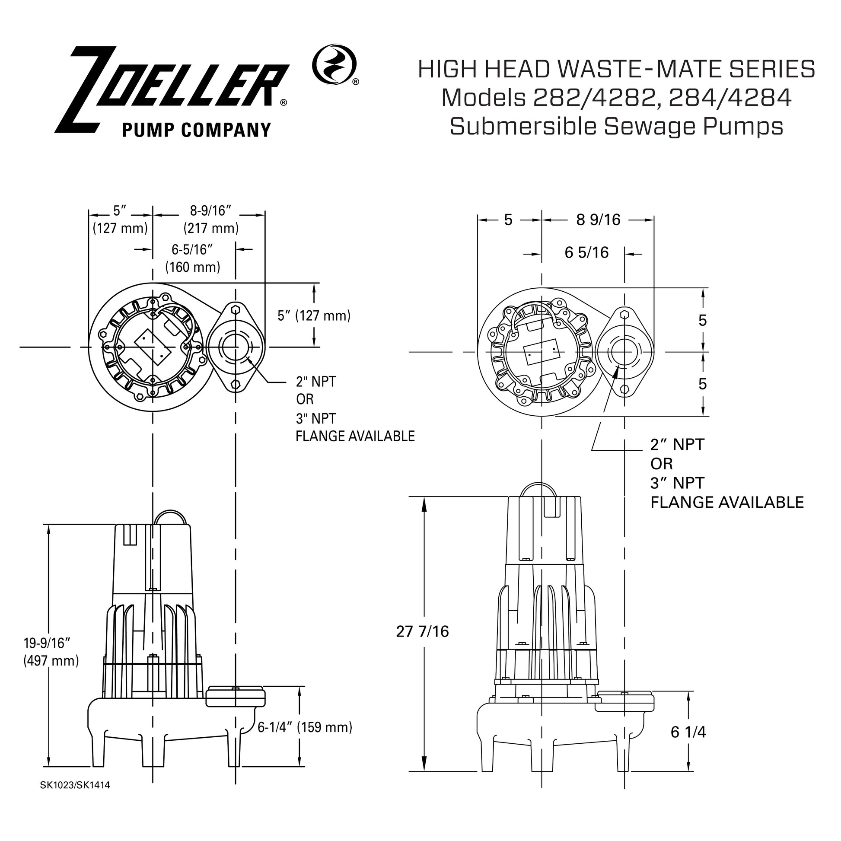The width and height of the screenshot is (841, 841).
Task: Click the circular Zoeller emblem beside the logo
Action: click(334, 64)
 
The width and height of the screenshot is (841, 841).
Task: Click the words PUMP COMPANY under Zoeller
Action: click(196, 130)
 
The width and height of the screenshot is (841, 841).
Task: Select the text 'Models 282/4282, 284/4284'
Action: click(616, 99)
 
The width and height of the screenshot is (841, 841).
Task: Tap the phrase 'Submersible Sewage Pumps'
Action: click(616, 127)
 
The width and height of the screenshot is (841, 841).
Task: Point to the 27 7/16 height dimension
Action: click(422, 631)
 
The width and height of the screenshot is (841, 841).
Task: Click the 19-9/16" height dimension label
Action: click(47, 643)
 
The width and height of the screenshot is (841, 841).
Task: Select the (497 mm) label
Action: click(51, 661)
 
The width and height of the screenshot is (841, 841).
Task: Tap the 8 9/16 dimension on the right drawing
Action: click(598, 220)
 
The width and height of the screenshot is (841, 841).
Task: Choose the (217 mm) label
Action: click(211, 228)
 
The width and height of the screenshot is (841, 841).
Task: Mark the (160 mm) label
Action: click(192, 267)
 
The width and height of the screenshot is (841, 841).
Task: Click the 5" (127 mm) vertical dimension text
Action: click(314, 315)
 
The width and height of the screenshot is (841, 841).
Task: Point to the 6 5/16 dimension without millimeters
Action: click(586, 253)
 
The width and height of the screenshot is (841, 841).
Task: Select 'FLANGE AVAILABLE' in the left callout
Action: click(355, 436)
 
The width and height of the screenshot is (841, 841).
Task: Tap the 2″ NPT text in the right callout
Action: click(677, 444)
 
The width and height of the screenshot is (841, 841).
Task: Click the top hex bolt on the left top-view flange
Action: click(236, 309)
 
